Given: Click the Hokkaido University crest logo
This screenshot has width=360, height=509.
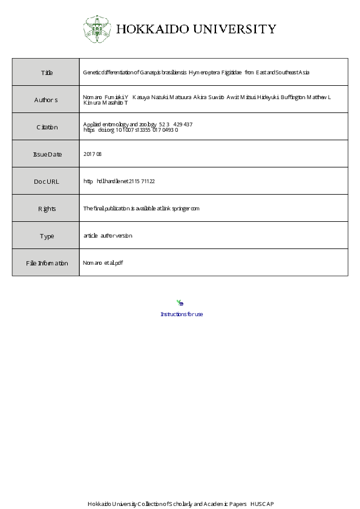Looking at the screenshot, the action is [x=96, y=28].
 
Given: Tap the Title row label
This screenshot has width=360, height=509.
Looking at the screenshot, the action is [x=47, y=73].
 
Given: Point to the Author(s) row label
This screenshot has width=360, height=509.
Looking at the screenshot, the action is [x=46, y=100].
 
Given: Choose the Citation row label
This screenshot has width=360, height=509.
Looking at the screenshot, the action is [x=47, y=127].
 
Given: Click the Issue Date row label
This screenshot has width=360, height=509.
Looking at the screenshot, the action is [x=47, y=154].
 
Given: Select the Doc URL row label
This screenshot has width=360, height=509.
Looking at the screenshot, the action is [x=47, y=181].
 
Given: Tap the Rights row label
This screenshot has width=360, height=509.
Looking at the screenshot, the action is [x=47, y=209].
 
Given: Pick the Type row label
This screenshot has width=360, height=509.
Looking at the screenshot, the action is [x=47, y=236].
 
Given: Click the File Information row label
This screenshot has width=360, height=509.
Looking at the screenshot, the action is [x=47, y=263].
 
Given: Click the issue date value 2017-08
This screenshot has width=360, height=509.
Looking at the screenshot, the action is [x=93, y=154].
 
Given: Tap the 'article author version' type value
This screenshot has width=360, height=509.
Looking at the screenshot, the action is [x=107, y=236].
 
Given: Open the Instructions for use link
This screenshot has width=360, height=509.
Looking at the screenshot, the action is [x=182, y=314].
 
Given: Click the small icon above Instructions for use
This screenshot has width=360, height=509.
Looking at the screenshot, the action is [x=180, y=303].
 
